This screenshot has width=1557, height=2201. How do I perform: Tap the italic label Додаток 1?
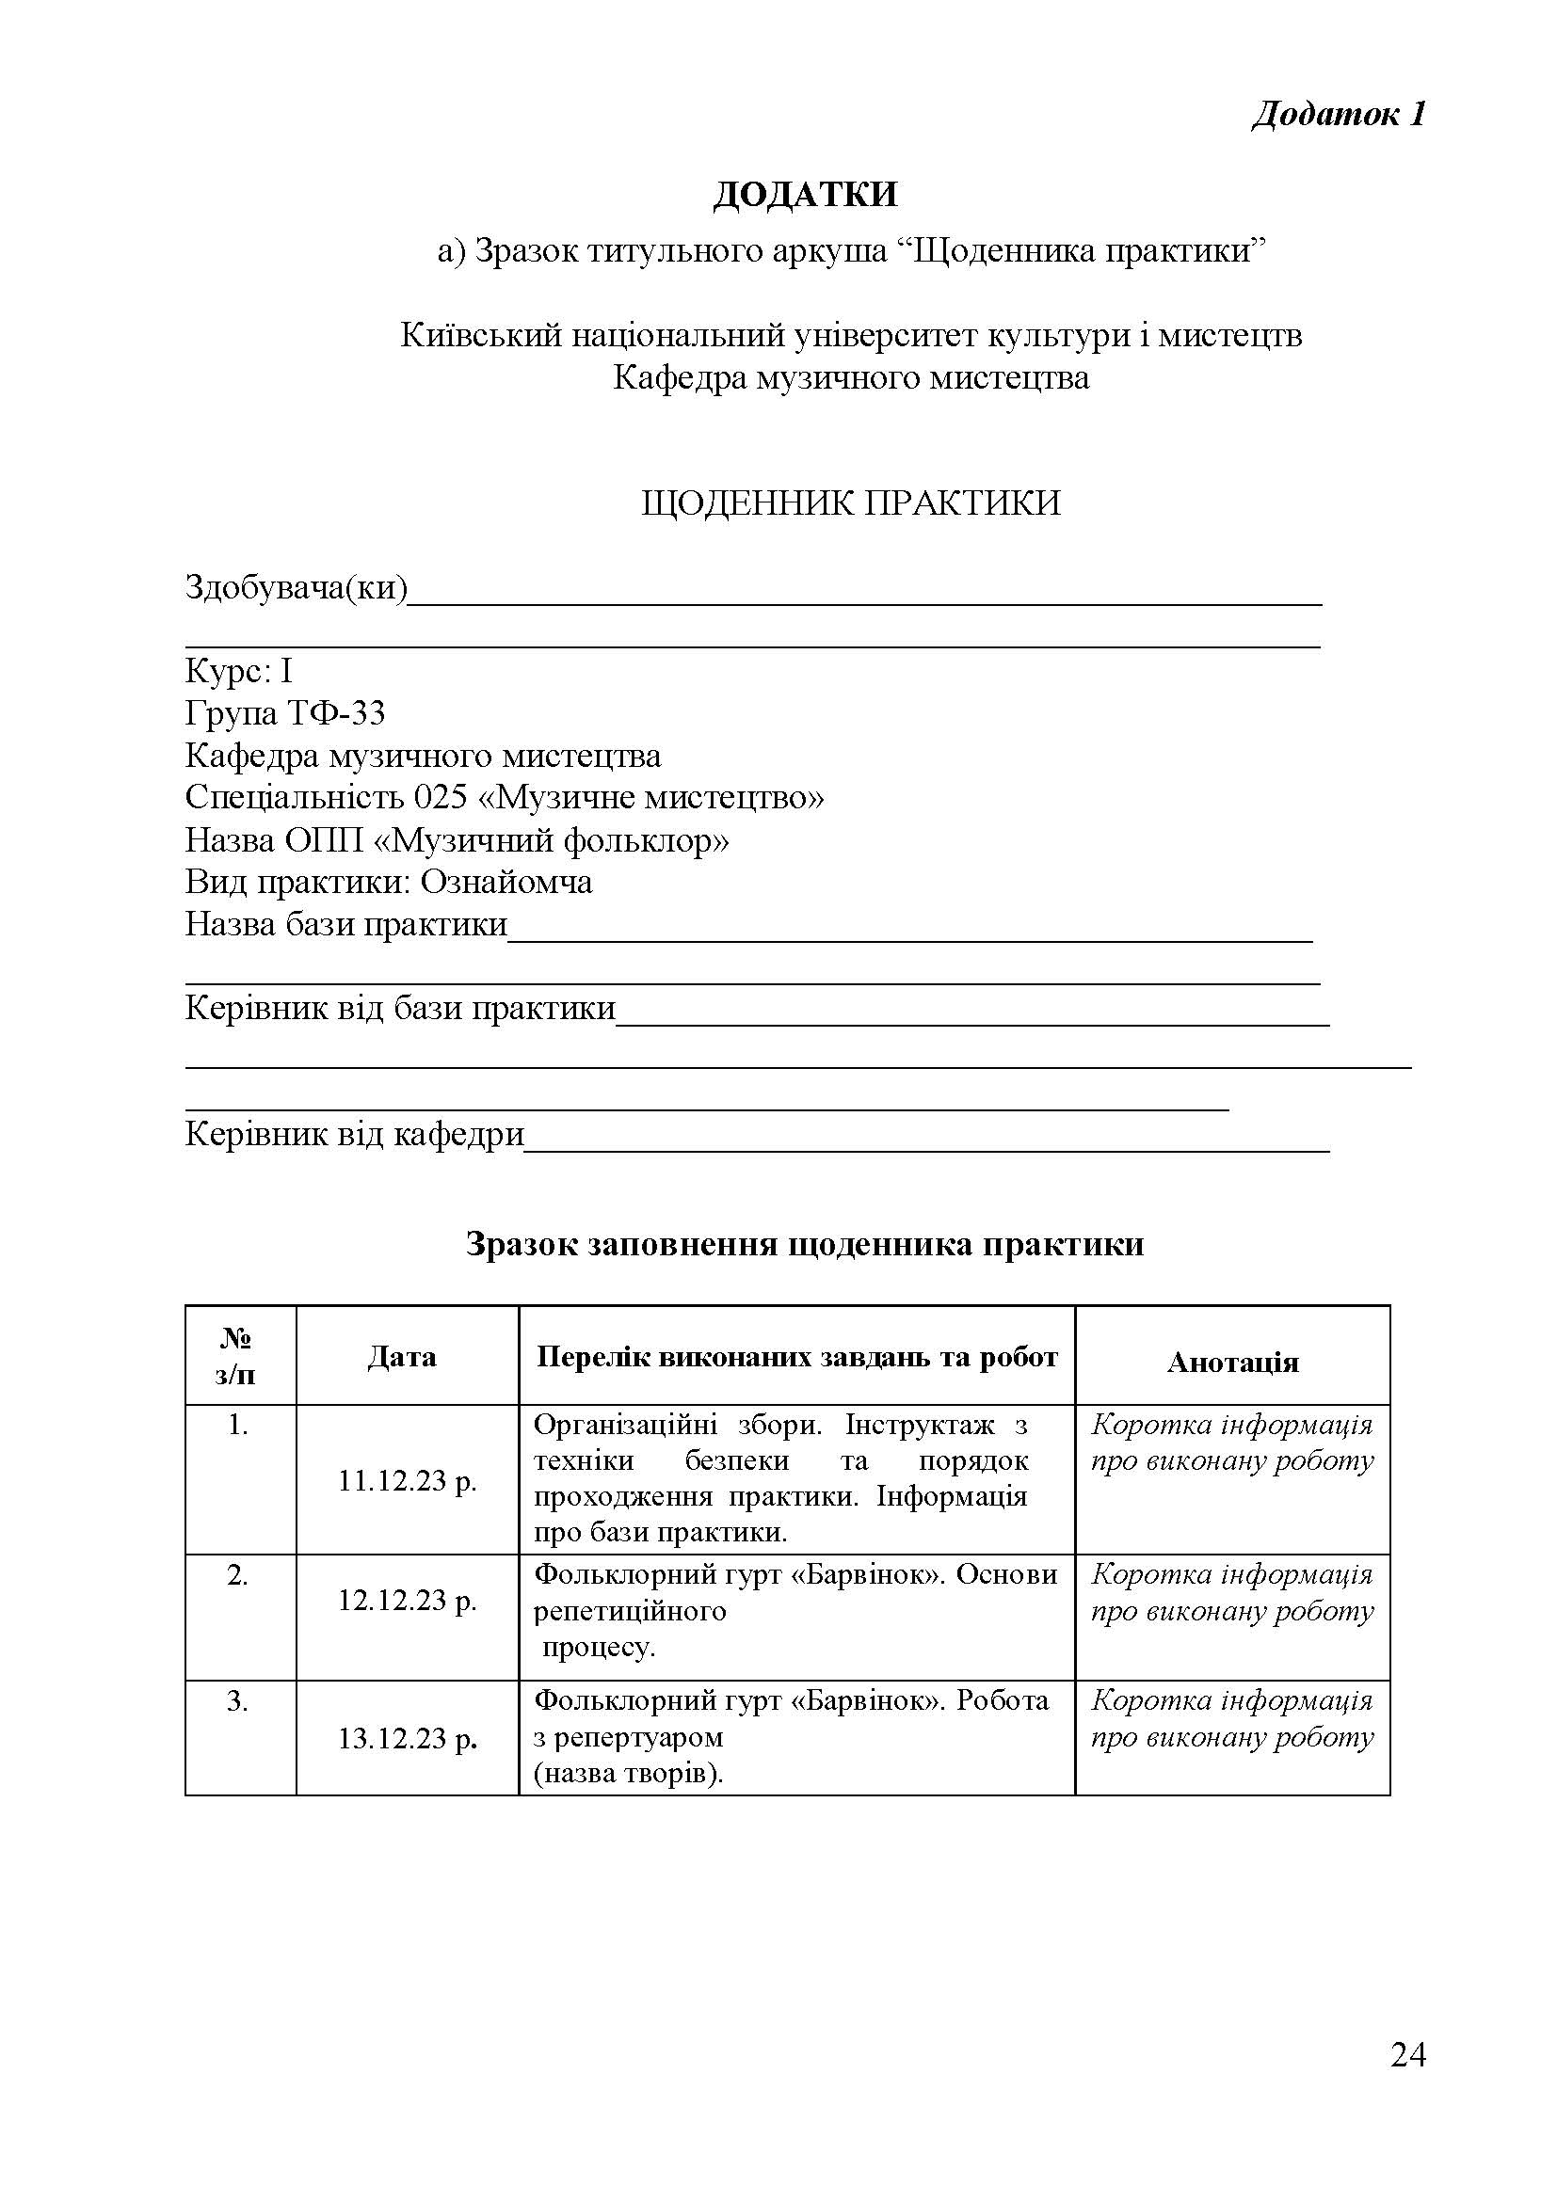(x=1339, y=114)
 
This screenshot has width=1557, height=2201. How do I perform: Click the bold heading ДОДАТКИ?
(x=806, y=195)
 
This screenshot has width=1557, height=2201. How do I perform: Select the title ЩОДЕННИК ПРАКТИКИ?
(x=850, y=502)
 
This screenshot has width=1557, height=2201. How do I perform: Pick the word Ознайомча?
(x=506, y=882)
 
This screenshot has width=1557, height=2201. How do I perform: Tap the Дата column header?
(x=402, y=1357)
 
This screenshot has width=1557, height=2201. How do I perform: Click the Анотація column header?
(x=1232, y=1363)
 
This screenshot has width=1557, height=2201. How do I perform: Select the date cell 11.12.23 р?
(x=407, y=1481)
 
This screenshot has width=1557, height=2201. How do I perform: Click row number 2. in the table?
(x=238, y=1575)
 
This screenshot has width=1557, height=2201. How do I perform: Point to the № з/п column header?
(x=236, y=1357)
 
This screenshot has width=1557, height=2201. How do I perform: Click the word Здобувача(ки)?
(x=297, y=586)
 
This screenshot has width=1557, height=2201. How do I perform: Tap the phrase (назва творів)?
(x=628, y=1774)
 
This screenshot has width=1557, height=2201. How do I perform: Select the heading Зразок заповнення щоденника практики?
(x=804, y=1244)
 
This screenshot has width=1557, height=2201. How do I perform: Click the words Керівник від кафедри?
(x=355, y=1134)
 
